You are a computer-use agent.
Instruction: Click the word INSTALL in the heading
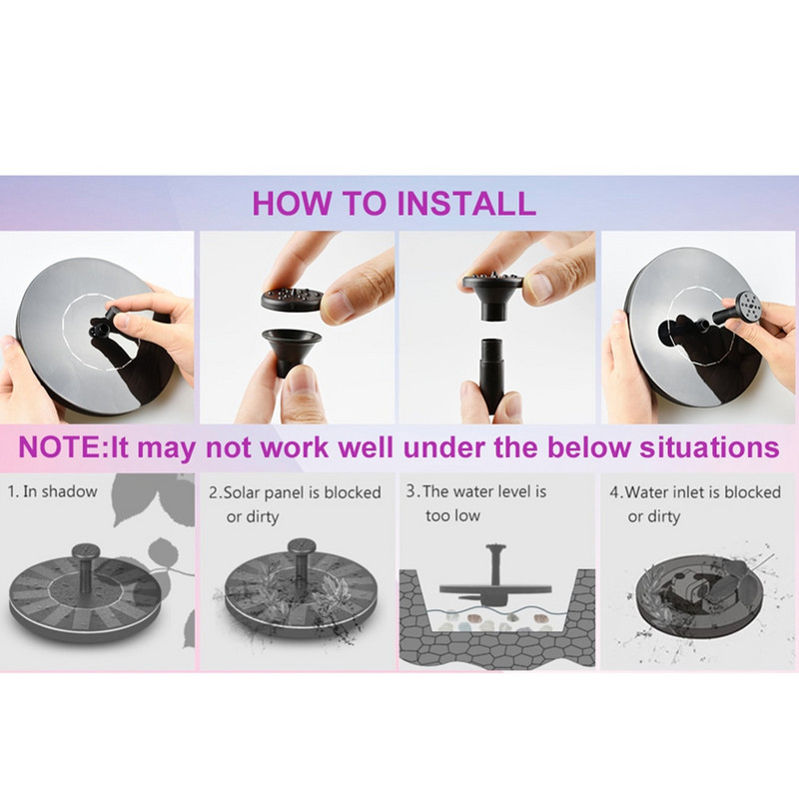click(x=465, y=203)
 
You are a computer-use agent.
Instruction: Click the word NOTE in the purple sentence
click(x=60, y=446)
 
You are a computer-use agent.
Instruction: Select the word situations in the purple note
click(x=709, y=446)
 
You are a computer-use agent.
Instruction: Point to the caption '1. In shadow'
click(x=52, y=491)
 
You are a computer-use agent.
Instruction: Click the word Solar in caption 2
click(x=242, y=492)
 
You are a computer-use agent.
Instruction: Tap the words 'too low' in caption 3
click(x=453, y=515)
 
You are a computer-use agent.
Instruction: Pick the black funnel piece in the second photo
click(x=291, y=349)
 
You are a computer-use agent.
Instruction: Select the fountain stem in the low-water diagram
click(x=493, y=565)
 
